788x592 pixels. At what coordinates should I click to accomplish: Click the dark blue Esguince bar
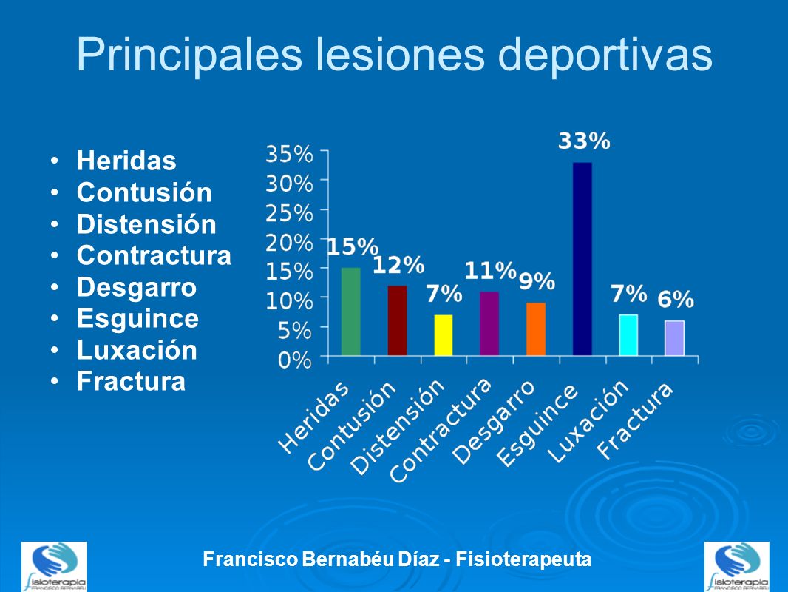coord(582,259)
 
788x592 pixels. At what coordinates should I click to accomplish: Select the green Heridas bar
coord(351,312)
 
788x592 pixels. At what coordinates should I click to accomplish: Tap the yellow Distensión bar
coord(443,335)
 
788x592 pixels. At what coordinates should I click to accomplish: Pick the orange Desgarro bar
coord(536,329)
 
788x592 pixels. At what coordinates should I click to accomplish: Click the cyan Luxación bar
coord(628,335)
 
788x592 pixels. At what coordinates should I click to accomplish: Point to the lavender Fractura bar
coord(674,338)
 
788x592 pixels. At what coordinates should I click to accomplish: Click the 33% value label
coord(583,141)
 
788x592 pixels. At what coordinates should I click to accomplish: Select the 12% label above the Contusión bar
coord(398,265)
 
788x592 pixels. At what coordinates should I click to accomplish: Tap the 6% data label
coord(676,300)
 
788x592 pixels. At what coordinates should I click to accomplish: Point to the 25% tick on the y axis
coord(289,212)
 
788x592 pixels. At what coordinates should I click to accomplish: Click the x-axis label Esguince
coord(537,425)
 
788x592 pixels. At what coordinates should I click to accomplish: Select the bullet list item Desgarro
coord(137,287)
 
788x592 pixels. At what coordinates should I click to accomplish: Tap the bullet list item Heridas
coord(126,161)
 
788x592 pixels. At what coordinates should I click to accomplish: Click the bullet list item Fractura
coord(131,382)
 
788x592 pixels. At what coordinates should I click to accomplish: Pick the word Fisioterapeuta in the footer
coord(524,559)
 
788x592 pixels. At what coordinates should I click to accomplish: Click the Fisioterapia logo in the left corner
coord(54,566)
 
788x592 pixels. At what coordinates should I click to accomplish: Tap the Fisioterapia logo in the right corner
coord(737,566)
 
